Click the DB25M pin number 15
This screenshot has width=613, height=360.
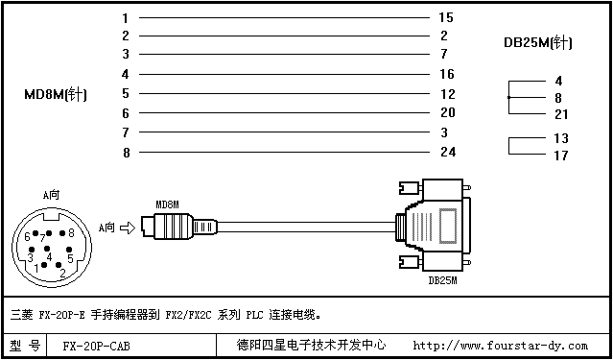(x=446, y=17)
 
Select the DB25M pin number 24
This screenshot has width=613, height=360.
(x=448, y=152)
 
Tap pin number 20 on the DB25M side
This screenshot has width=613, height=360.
(x=448, y=112)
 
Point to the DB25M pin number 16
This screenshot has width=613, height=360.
(x=447, y=74)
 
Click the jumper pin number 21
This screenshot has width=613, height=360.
(x=561, y=114)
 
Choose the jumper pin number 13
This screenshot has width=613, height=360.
(x=561, y=138)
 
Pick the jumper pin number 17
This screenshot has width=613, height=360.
(x=561, y=156)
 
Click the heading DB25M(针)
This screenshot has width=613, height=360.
(x=538, y=42)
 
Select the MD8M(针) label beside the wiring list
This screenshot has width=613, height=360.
(x=55, y=95)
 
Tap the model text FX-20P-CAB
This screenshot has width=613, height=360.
(x=96, y=347)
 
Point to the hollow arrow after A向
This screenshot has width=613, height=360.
(x=127, y=228)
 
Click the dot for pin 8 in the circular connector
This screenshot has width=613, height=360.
(x=61, y=233)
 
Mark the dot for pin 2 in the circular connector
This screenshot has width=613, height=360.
(x=59, y=265)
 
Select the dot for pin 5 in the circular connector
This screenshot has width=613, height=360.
(x=69, y=250)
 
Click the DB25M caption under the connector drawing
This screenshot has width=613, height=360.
(x=442, y=280)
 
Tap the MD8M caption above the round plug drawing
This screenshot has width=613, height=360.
(x=167, y=204)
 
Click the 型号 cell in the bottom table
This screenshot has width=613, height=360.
(x=25, y=346)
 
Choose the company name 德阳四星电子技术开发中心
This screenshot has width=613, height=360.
(x=311, y=346)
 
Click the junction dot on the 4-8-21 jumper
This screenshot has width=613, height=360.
(x=508, y=97)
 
